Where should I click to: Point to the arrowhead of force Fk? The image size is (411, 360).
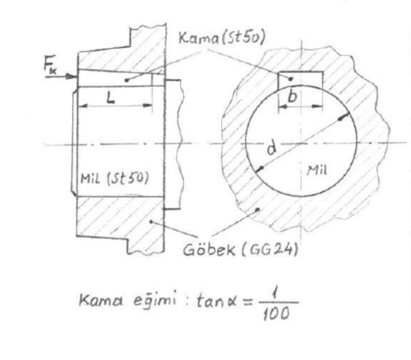(75, 76)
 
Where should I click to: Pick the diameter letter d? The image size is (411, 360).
(271, 149)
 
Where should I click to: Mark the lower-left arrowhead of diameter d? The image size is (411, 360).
(258, 170)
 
